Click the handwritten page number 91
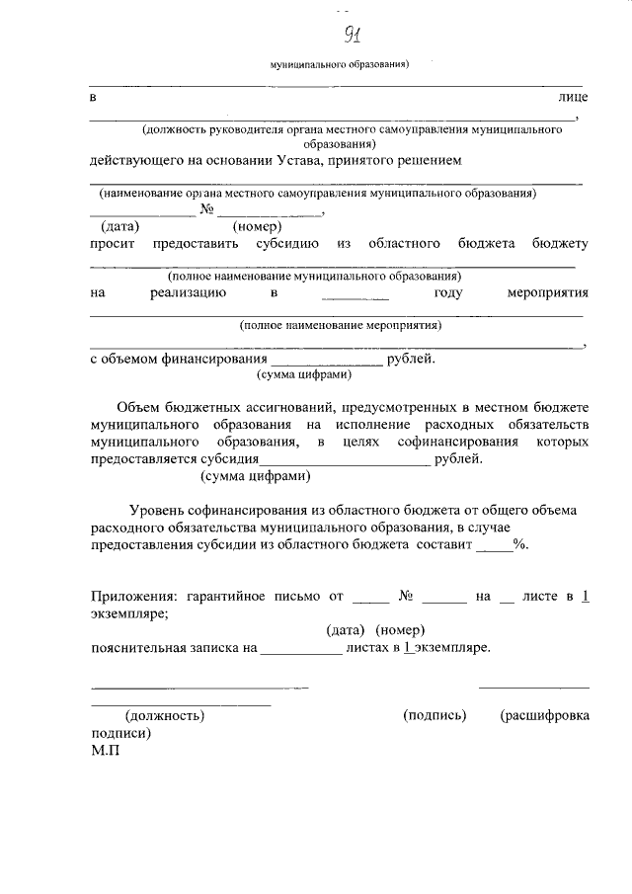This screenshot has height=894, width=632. point(351,38)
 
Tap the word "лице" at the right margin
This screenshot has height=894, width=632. point(573,98)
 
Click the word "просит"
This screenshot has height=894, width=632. point(112,243)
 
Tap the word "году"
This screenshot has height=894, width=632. point(450,292)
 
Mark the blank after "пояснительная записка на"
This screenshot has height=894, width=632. point(301,650)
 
